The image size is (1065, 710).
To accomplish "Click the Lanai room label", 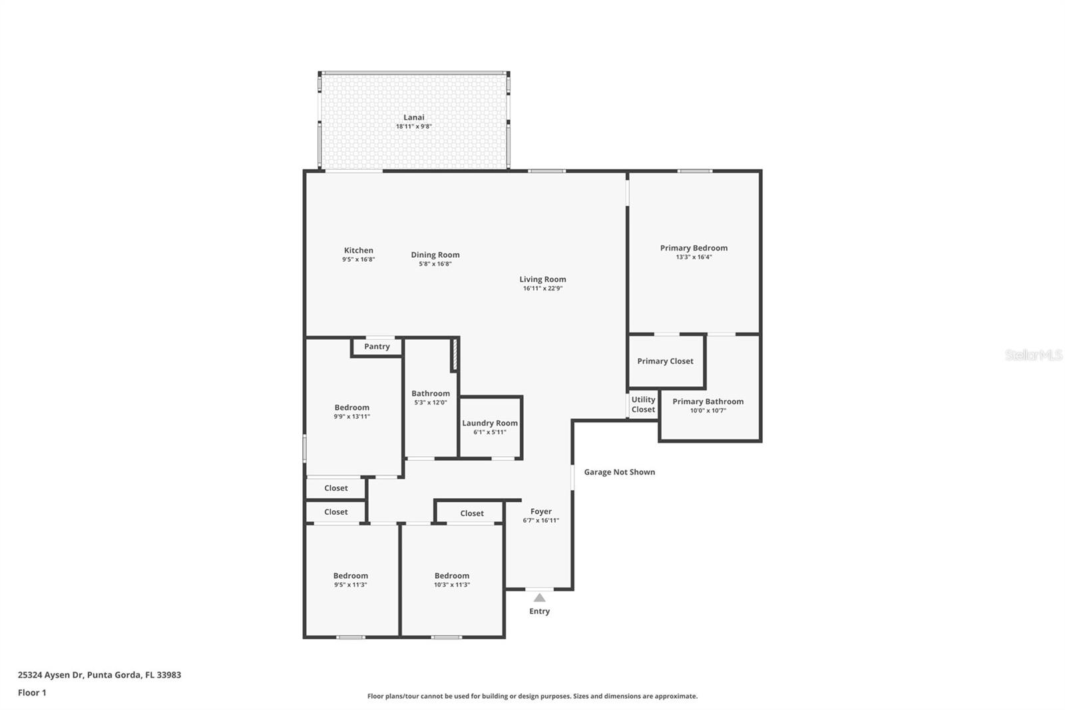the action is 413,117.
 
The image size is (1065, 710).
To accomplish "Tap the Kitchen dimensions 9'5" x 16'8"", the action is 359,259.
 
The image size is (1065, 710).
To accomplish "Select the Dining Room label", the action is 435,254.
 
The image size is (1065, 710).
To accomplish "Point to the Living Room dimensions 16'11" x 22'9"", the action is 542,288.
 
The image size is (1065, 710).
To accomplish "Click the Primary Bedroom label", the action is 694,248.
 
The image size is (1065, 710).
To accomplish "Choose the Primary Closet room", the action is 666,361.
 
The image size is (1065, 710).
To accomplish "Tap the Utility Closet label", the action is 643,404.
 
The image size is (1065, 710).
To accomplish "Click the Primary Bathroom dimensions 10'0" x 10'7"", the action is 708,411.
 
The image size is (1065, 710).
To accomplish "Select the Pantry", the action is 377,346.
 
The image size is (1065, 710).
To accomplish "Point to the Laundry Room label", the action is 490,423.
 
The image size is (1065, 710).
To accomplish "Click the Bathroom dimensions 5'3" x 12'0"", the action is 430,402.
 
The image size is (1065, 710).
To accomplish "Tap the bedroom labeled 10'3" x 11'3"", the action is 452,580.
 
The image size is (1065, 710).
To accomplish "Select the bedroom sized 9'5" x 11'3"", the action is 350,580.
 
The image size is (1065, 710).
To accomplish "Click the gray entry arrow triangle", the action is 539,597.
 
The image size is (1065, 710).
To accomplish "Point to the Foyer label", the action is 541,512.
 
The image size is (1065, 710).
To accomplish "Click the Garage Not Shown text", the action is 620,472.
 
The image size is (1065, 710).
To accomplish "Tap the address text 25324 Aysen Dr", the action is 51,675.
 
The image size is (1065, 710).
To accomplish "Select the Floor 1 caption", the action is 32,693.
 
